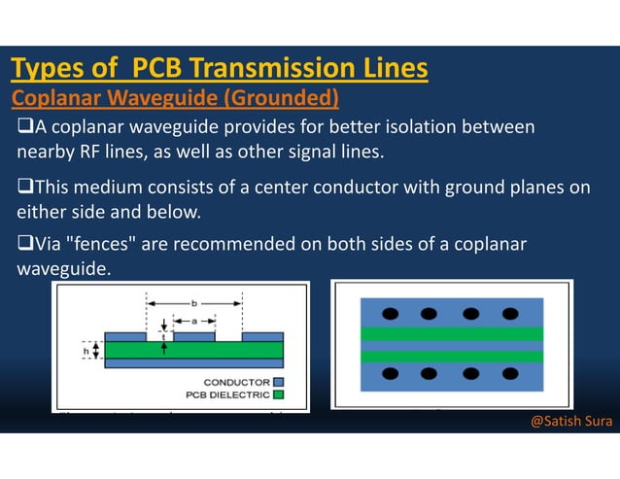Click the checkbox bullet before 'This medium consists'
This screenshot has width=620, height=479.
(x=24, y=188)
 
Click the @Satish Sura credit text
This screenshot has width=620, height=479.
(x=570, y=422)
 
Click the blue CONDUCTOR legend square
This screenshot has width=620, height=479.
(x=278, y=382)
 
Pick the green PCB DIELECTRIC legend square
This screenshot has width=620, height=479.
(x=278, y=394)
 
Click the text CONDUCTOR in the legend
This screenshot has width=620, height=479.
(x=236, y=382)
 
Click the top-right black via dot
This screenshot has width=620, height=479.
(x=512, y=314)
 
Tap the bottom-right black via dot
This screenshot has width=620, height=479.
(x=512, y=374)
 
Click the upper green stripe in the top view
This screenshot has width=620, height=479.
(x=451, y=333)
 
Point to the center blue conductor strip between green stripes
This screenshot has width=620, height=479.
(x=451, y=345)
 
